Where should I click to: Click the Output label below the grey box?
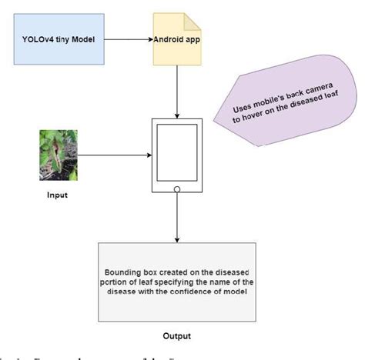coord(176,336)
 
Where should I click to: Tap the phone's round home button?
coord(178,188)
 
